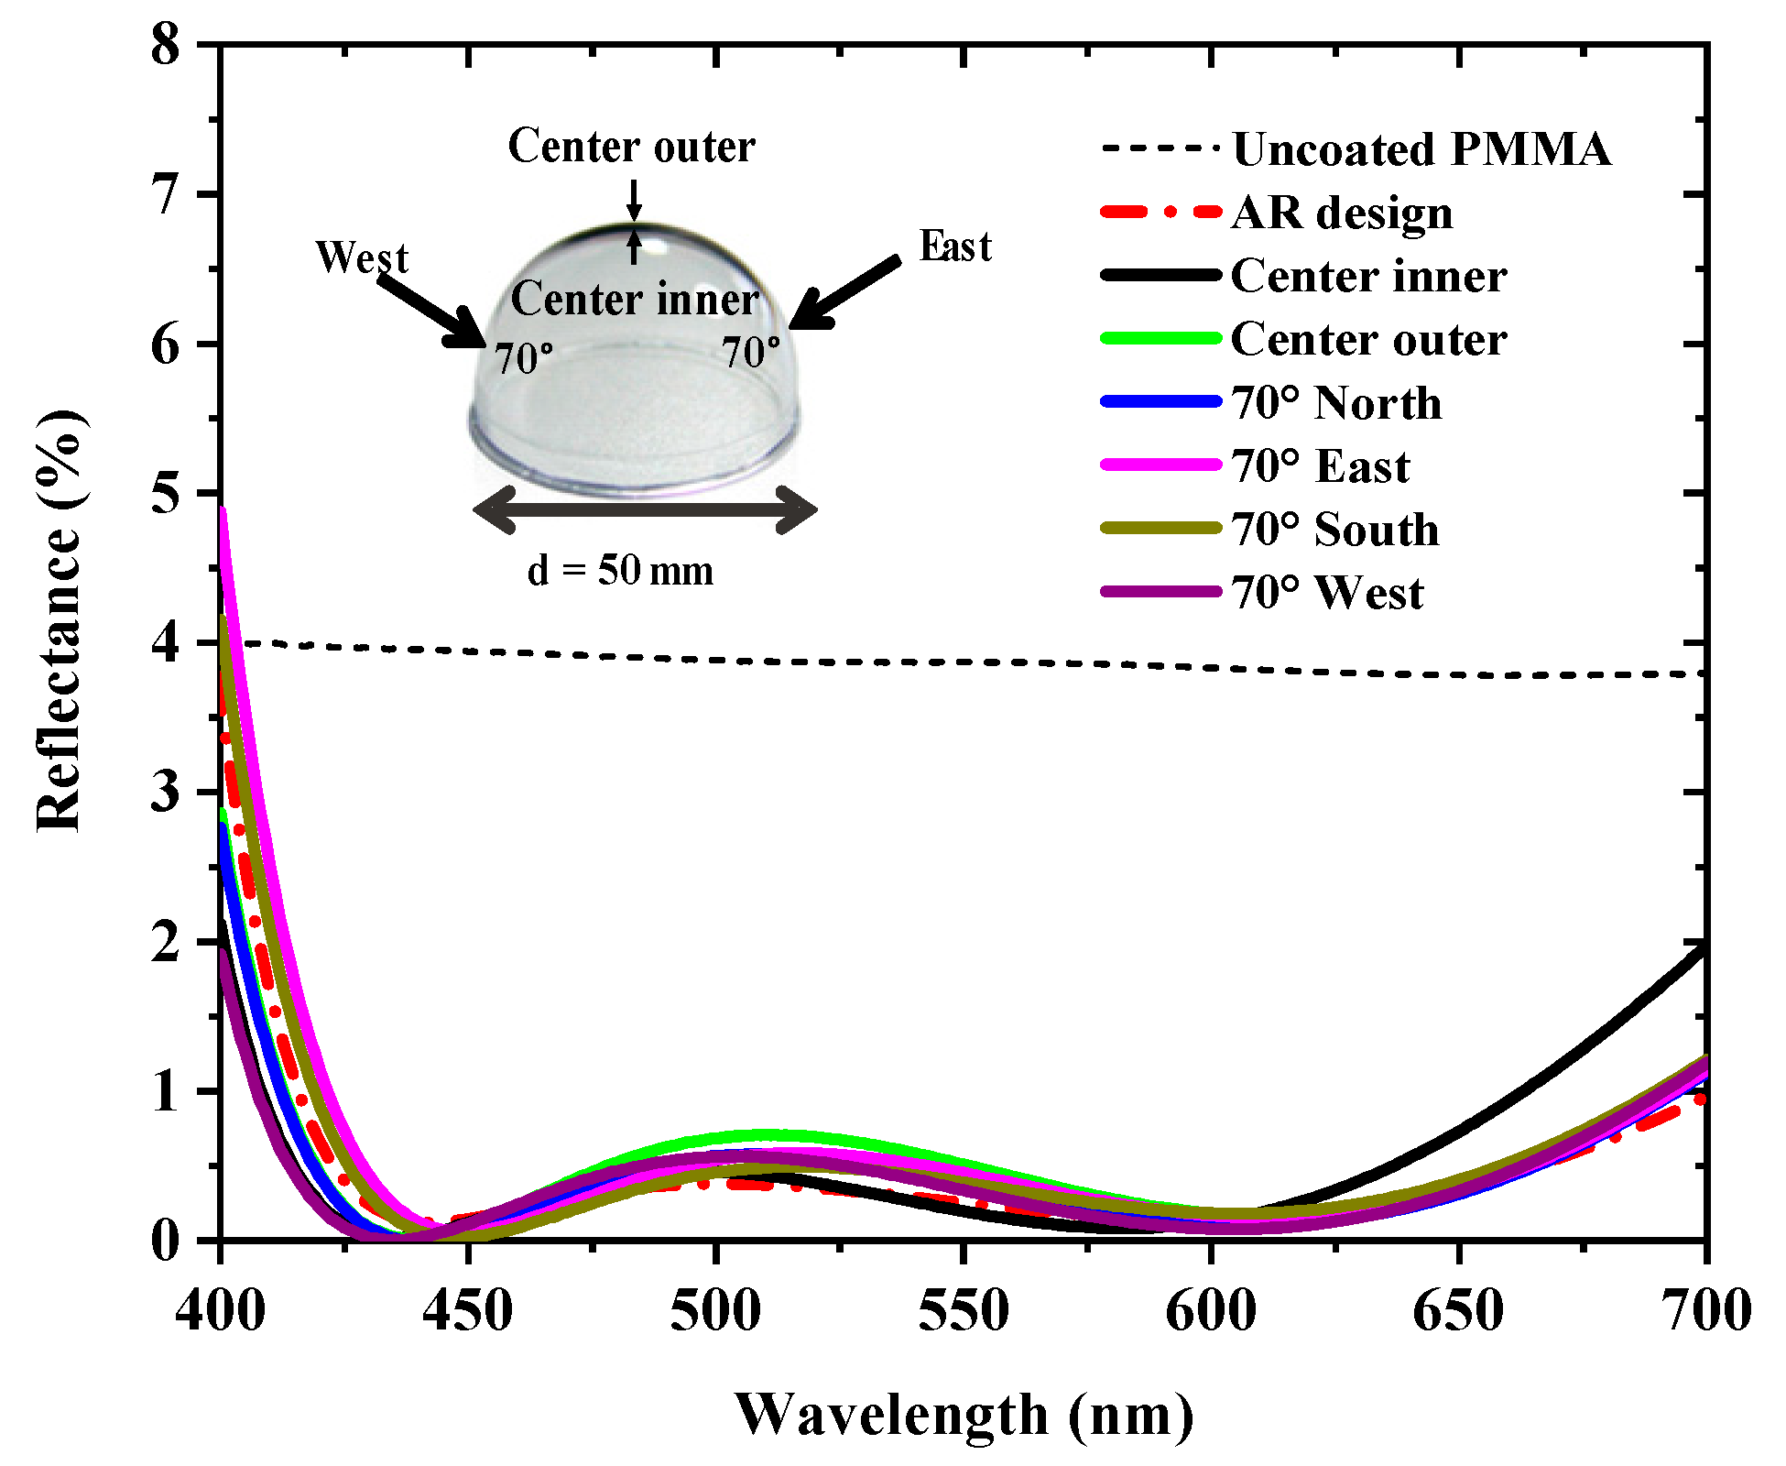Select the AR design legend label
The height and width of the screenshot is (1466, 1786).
[x=1342, y=213]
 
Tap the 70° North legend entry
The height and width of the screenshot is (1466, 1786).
[x=1336, y=403]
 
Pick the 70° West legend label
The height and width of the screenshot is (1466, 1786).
[x=1327, y=593]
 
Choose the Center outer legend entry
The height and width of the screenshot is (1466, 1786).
[x=1368, y=340]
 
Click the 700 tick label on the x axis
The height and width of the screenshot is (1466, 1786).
[x=1705, y=1311]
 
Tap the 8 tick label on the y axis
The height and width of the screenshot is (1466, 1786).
[x=166, y=45]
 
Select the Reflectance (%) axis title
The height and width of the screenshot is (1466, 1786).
[x=60, y=621]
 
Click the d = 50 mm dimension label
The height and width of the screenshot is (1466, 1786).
[x=620, y=571]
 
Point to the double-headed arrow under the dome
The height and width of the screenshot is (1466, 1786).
[x=645, y=509]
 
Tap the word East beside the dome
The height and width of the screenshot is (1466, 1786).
[x=955, y=246]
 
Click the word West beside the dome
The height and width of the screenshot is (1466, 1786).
[x=362, y=257]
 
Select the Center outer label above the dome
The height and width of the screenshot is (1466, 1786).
[x=632, y=147]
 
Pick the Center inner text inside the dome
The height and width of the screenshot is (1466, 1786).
[x=634, y=299]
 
